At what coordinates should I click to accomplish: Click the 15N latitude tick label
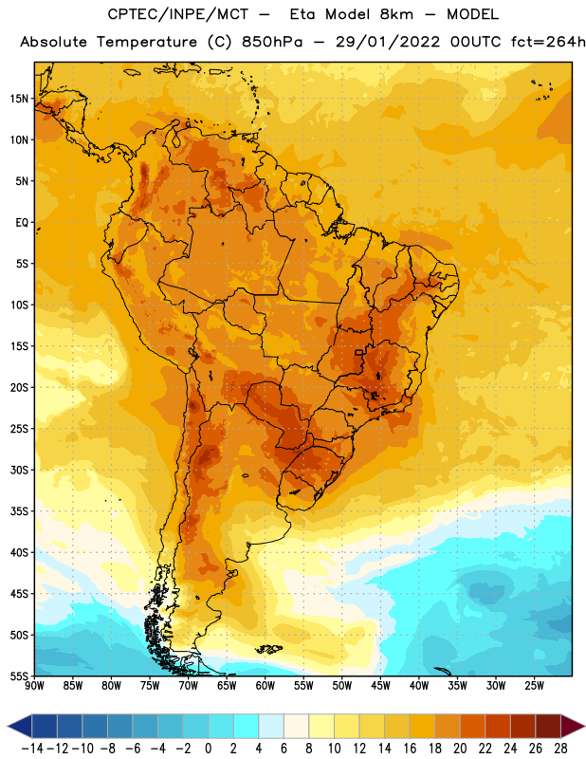coord(19,99)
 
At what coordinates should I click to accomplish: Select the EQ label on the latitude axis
coord(22,223)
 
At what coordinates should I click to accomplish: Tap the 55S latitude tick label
coord(19,676)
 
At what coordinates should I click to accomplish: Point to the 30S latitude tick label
coord(19,470)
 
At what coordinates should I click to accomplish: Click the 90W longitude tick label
coord(34,686)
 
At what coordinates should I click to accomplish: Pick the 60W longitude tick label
coord(266,686)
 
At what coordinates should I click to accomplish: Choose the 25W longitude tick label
coord(534,686)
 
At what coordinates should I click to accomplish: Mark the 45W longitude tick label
coord(380,686)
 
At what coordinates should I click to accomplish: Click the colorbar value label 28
coord(560,749)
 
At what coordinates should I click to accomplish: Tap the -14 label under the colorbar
coord(32,749)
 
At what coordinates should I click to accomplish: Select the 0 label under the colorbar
coord(208,749)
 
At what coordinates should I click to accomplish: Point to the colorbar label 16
coord(410,749)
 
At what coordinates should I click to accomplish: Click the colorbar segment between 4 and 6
coord(271,726)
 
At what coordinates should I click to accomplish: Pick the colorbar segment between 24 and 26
coord(523,726)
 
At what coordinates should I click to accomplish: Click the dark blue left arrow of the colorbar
coord(20,726)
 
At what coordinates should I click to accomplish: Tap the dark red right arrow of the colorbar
coord(573,726)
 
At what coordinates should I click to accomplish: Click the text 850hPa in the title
coord(272,42)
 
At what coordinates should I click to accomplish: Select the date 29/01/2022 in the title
coord(388,42)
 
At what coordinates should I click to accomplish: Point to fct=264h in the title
coord(548,42)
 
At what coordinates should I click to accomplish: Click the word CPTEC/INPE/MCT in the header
coord(177,14)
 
